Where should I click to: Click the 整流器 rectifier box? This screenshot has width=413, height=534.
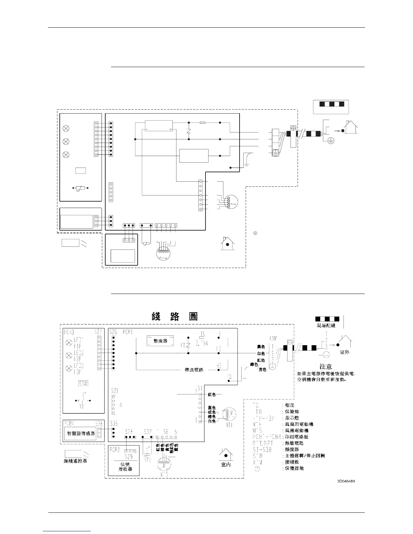pyautogui.click(x=160, y=341)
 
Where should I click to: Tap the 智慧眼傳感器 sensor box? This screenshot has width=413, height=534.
pyautogui.click(x=80, y=433)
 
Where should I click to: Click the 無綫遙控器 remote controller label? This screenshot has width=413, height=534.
pyautogui.click(x=76, y=461)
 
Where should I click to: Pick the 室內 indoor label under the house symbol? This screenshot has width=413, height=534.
pyautogui.click(x=226, y=465)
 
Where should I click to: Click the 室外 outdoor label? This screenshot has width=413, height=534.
pyautogui.click(x=345, y=352)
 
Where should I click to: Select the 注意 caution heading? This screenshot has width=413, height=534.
pyautogui.click(x=326, y=366)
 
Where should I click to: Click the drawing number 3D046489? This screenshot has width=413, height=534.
pyautogui.click(x=346, y=481)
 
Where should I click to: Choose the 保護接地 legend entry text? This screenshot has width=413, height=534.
pyautogui.click(x=294, y=468)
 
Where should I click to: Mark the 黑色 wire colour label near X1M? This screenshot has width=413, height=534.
pyautogui.click(x=261, y=347)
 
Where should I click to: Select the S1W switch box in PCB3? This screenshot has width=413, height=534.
pyautogui.click(x=83, y=384)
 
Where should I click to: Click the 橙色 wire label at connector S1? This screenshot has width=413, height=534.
pyautogui.click(x=212, y=417)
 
